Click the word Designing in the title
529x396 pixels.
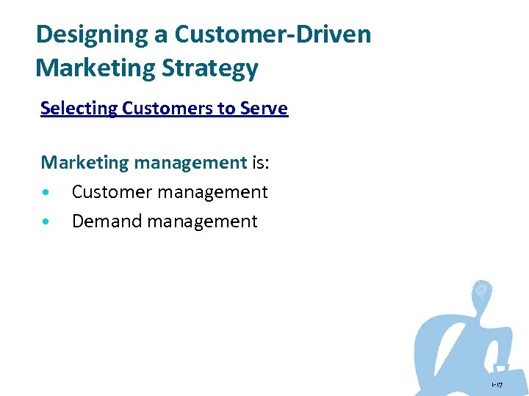[79, 34]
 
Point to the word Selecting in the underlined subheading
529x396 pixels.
[79, 109]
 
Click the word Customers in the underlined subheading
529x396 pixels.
[159, 109]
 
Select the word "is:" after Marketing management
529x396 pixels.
[261, 162]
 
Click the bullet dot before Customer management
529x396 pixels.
[46, 193]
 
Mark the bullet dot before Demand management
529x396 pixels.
[46, 221]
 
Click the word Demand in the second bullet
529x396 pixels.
[107, 221]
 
